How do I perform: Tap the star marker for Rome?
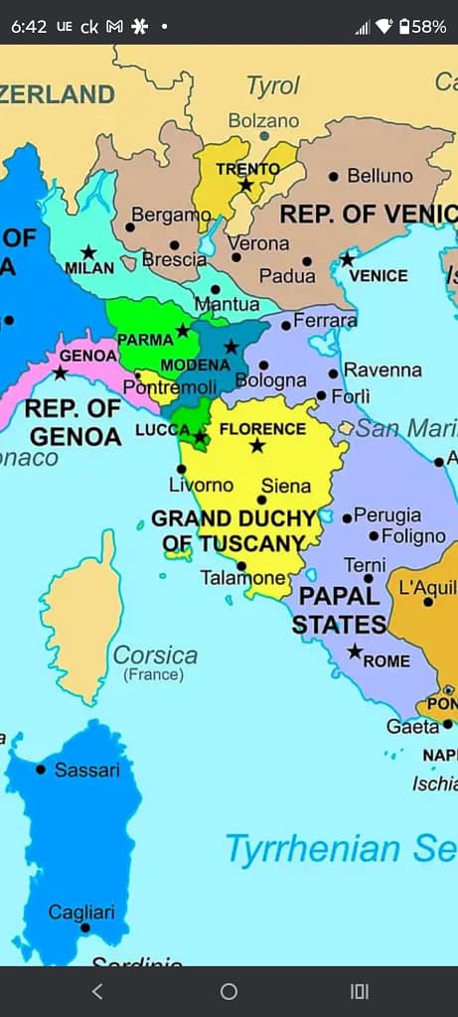tap(355, 652)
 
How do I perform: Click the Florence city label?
tap(261, 429)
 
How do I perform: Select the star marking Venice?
tap(347, 259)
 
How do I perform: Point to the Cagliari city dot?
tap(85, 928)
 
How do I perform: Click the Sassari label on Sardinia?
tap(86, 770)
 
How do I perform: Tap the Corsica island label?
tap(155, 655)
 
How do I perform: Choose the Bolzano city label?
tap(263, 120)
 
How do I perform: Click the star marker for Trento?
tap(245, 185)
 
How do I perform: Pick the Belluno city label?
tap(380, 176)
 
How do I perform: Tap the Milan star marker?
tap(88, 252)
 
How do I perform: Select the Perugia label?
tap(386, 516)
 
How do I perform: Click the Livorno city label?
tap(201, 485)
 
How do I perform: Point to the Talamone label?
tap(242, 577)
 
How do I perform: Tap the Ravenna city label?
tap(382, 369)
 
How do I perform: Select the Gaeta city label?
tap(412, 726)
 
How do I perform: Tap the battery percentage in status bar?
tap(429, 27)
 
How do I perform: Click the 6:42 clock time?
tap(29, 27)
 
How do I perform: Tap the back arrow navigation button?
tap(96, 991)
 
